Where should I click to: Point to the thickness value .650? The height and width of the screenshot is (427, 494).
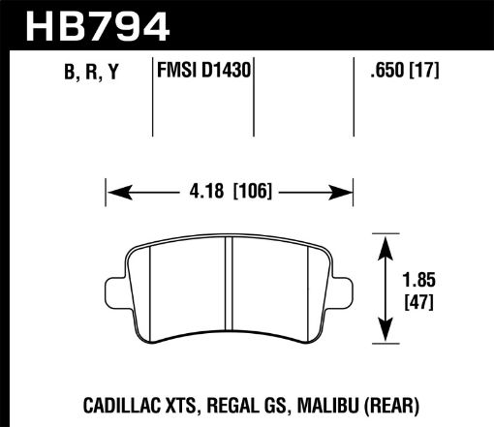380,70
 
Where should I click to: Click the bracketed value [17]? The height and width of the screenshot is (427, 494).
424,70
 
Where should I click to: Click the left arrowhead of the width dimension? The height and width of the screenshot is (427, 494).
112,192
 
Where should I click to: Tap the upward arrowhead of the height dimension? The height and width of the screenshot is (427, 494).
386,241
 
